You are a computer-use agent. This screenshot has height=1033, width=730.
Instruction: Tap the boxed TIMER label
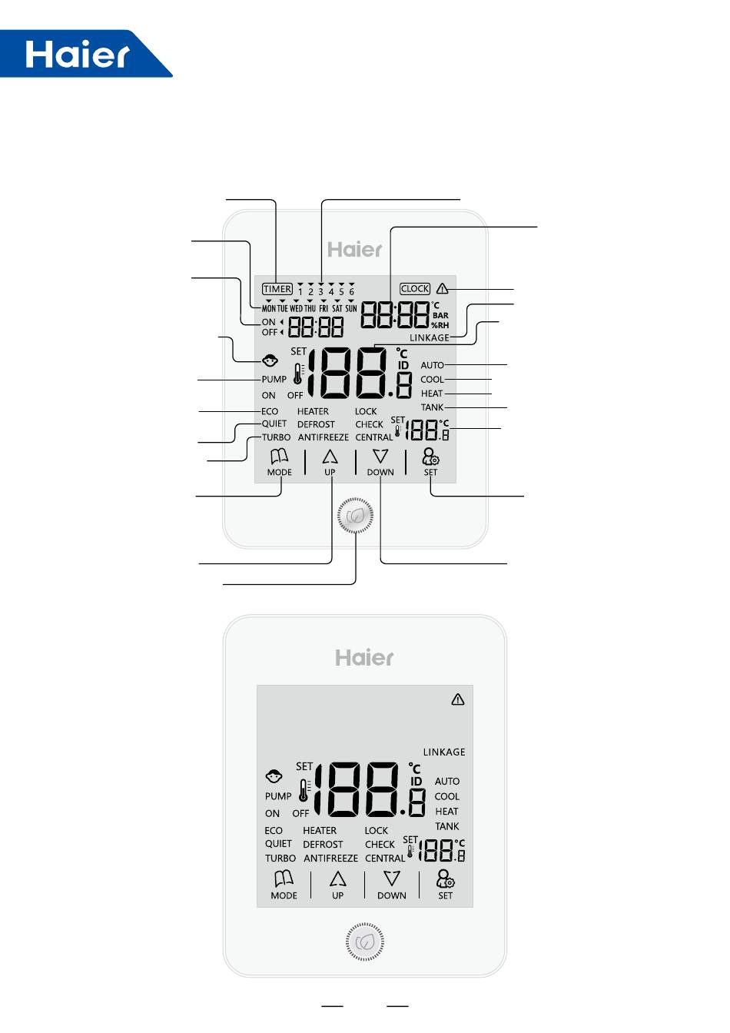point(277,290)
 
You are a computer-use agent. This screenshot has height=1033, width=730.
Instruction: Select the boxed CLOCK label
point(415,289)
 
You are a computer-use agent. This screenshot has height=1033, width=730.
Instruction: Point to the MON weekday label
point(268,308)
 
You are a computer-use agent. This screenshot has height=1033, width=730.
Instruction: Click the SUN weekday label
point(351,308)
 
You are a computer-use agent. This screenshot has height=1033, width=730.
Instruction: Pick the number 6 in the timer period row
point(352,292)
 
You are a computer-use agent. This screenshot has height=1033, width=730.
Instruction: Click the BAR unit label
point(440,315)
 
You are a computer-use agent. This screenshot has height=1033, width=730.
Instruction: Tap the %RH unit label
point(440,325)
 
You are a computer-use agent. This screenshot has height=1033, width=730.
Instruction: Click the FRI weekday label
point(324,308)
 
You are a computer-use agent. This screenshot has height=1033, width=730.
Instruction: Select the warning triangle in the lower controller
point(458,699)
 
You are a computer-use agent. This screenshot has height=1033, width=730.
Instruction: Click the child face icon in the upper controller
point(270,360)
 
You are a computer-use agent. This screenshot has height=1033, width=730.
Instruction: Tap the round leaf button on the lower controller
point(365,942)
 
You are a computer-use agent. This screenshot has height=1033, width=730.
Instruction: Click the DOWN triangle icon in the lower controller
point(392,879)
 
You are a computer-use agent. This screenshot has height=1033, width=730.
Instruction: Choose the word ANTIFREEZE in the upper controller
point(324,437)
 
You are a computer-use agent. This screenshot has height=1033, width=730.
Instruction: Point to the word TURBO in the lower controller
point(280,859)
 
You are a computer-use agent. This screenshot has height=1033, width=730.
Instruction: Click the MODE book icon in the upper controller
point(279,457)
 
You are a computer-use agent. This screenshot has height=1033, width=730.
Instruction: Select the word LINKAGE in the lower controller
point(444,752)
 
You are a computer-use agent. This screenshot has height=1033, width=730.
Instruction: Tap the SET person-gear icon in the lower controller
point(445,879)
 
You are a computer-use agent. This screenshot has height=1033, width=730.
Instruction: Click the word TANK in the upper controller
point(432,407)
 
